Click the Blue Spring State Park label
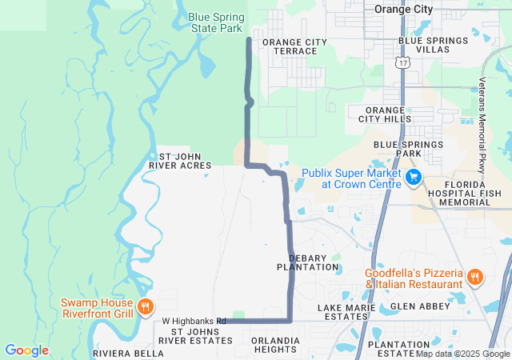pyautogui.click(x=216, y=22)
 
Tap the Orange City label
pyautogui.click(x=403, y=10)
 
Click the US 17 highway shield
pyautogui.click(x=402, y=61)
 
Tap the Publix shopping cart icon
pyautogui.click(x=414, y=177)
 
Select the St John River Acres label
pyautogui.click(x=180, y=161)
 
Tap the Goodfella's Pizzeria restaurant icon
pyautogui.click(x=474, y=278)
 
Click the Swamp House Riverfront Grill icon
pyautogui.click(x=145, y=306)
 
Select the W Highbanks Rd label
pyautogui.click(x=194, y=321)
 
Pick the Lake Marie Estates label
pyautogui.click(x=346, y=312)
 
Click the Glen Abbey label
pyautogui.click(x=414, y=307)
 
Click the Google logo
pyautogui.click(x=26, y=350)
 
